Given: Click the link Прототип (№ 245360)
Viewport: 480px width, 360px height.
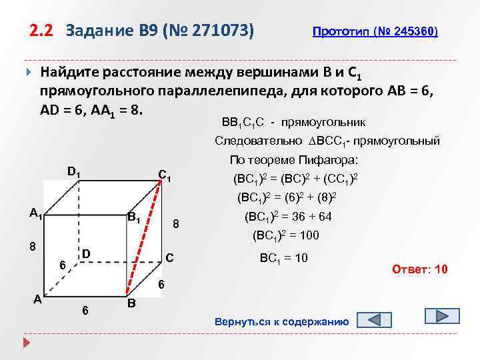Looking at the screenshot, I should [x=375, y=32].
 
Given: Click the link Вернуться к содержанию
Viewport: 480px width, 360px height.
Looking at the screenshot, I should [x=281, y=322].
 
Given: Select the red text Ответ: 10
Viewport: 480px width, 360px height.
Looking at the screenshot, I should [x=420, y=269].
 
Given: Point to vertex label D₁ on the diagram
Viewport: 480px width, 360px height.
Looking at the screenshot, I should [x=74, y=171].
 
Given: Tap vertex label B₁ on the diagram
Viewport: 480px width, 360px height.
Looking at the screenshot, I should [x=133, y=217].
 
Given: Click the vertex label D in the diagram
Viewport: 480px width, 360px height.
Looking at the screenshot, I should [x=85, y=253].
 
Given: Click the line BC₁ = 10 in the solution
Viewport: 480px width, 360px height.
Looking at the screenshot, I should [x=283, y=257].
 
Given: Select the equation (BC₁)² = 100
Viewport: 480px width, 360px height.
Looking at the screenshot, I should [x=286, y=235].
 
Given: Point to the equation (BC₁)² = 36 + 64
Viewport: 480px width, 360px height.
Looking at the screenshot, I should [x=289, y=217].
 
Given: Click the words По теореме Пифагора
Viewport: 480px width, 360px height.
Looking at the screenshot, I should [x=293, y=160].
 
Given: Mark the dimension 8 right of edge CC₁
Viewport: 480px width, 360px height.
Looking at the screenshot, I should [x=175, y=223].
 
